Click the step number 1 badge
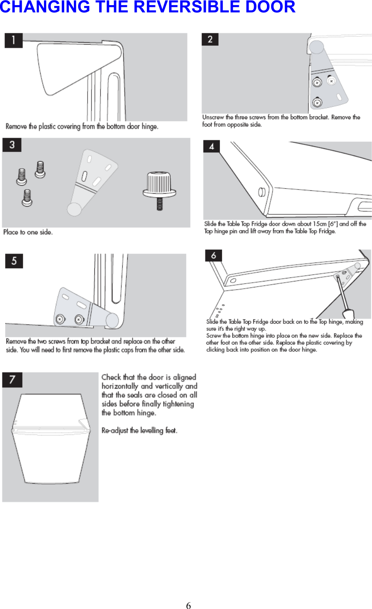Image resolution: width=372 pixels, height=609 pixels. pyautogui.click(x=13, y=41)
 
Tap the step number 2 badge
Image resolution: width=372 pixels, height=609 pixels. pyautogui.click(x=210, y=39)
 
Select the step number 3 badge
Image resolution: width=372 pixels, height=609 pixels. pyautogui.click(x=12, y=145)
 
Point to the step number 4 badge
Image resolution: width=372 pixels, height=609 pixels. pyautogui.click(x=212, y=147)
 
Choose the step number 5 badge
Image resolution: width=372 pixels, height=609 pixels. pyautogui.click(x=14, y=261)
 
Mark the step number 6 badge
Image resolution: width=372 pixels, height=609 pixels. pyautogui.click(x=214, y=255)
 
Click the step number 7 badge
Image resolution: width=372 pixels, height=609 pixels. pyautogui.click(x=12, y=379)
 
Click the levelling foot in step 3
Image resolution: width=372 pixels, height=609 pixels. pyautogui.click(x=159, y=188)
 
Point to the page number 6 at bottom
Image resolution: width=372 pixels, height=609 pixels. pyautogui.click(x=188, y=605)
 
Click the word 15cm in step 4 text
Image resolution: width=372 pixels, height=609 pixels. pyautogui.click(x=319, y=224)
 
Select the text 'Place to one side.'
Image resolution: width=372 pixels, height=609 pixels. pyautogui.click(x=28, y=232)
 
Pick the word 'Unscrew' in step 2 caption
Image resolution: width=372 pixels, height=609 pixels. pyautogui.click(x=213, y=117)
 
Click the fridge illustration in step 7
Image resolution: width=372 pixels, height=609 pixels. pyautogui.click(x=50, y=438)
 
